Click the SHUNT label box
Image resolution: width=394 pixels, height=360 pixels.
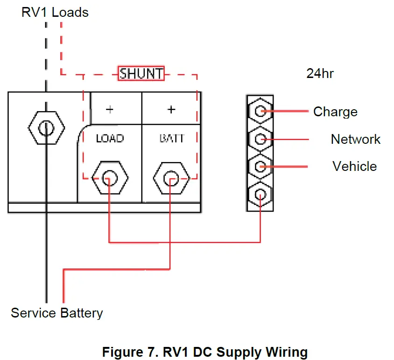click(x=141, y=74)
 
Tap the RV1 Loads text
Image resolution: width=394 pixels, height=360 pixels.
click(x=55, y=12)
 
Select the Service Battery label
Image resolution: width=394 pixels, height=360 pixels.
click(x=57, y=313)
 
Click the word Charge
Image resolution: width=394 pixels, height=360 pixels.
click(x=335, y=112)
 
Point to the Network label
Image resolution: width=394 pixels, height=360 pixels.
click(x=356, y=139)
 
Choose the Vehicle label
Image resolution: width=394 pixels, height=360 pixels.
click(x=355, y=166)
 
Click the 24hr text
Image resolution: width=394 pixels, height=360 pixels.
click(x=320, y=73)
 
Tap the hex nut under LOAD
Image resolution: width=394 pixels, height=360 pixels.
click(x=109, y=178)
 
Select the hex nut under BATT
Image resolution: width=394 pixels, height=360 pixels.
click(x=171, y=178)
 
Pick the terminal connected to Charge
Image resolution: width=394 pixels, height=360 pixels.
click(x=260, y=111)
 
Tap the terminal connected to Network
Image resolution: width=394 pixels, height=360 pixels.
click(x=260, y=139)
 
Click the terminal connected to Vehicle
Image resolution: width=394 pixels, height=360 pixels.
click(x=260, y=166)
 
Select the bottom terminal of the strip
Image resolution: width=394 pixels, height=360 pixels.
click(x=260, y=194)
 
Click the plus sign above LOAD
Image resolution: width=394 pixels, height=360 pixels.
click(x=110, y=110)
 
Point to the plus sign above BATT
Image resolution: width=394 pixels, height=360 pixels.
click(x=171, y=110)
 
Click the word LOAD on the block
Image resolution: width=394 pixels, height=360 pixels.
click(x=110, y=138)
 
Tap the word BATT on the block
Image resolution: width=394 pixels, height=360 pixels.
click(x=171, y=138)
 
